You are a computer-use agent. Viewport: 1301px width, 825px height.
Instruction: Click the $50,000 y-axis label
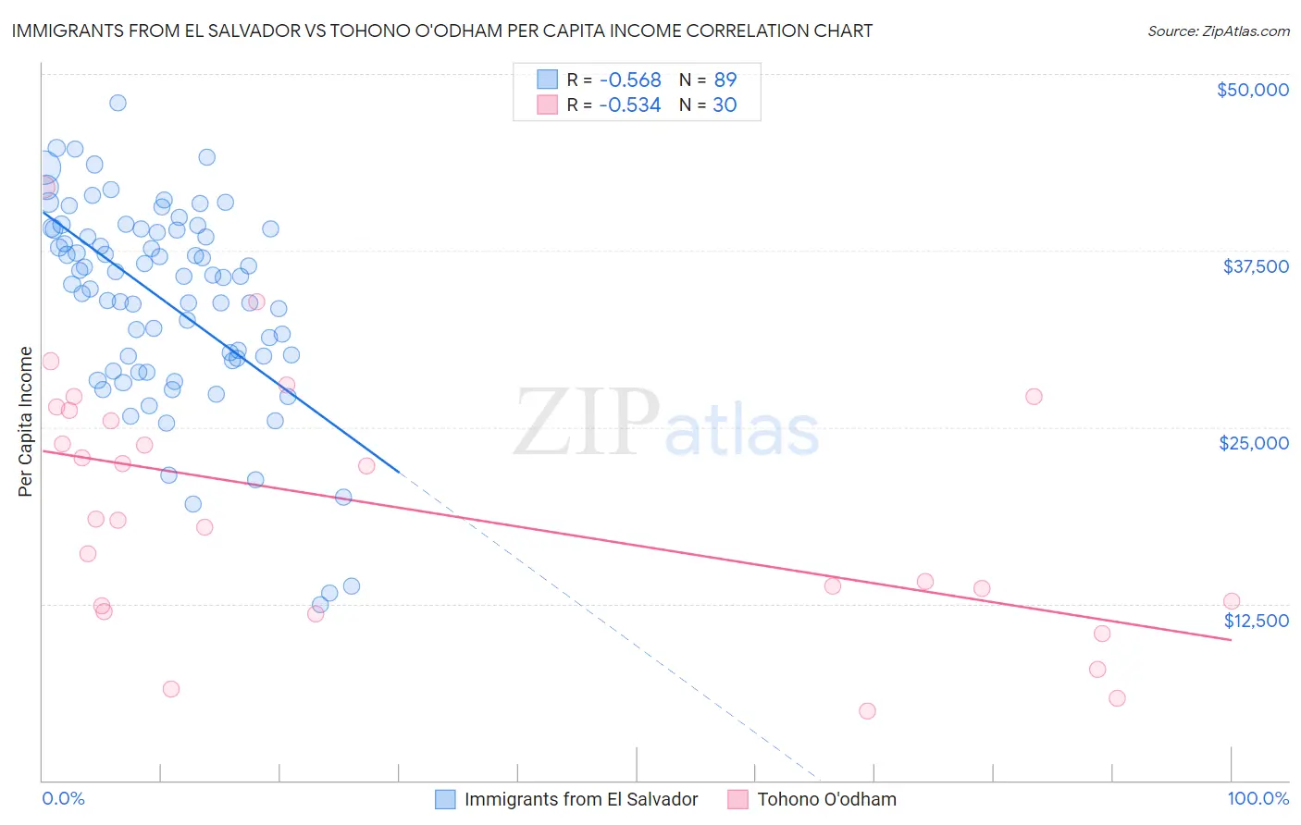[1252, 90]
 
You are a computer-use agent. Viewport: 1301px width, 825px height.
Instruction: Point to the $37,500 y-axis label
[1255, 266]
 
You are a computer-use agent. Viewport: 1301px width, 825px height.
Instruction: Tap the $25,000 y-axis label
[1253, 443]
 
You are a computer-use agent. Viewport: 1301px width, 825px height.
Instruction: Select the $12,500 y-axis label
[1256, 621]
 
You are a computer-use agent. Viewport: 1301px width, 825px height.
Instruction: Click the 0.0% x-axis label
[63, 798]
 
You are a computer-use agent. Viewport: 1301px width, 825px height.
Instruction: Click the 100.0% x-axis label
[1258, 798]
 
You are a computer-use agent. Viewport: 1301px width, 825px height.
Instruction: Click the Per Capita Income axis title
[26, 421]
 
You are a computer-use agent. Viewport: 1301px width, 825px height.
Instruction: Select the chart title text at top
[441, 31]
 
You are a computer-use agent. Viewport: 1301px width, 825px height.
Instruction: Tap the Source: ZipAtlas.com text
[1218, 31]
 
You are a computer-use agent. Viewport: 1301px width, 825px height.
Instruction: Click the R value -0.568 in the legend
[629, 80]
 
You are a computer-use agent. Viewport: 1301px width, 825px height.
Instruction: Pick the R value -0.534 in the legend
[629, 105]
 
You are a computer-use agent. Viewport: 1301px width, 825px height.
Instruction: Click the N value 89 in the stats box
[725, 80]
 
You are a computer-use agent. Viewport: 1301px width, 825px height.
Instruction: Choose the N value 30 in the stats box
[725, 105]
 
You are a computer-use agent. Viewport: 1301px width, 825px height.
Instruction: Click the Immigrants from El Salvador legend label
[581, 799]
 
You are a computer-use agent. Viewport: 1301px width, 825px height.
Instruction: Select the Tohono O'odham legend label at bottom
[826, 799]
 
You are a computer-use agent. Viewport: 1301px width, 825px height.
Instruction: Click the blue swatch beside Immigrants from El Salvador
[445, 799]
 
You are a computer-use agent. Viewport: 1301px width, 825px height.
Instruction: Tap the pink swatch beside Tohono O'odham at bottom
[737, 799]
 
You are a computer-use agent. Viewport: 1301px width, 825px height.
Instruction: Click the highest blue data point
[118, 103]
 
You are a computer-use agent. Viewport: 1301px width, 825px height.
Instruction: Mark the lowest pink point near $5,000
[867, 710]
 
